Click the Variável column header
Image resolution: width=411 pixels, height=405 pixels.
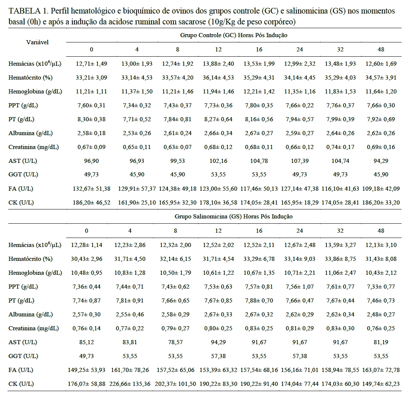coord(37,42)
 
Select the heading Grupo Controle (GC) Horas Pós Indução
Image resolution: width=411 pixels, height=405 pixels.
coord(233,35)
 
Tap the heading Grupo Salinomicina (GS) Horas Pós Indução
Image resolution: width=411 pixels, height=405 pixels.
coord(233,217)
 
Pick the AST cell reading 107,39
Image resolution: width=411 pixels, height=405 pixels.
coord(299,161)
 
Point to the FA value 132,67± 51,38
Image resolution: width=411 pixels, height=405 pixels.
coord(91,188)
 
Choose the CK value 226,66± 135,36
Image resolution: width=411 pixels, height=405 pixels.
coord(131,384)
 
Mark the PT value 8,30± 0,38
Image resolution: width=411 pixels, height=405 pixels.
coord(91,119)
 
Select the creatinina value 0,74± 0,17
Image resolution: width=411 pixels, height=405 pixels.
coord(340,147)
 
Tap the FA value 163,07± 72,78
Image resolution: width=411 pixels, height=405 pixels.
coord(381,370)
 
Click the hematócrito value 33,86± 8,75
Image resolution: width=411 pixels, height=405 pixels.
coord(340,259)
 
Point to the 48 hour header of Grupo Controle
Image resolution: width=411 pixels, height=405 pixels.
coord(381,50)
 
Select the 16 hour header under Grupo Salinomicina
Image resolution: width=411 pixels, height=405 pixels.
coord(258,230)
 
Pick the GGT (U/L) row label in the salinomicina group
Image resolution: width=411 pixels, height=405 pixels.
coord(23,356)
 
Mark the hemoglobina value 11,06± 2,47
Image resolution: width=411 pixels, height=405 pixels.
coord(340,273)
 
